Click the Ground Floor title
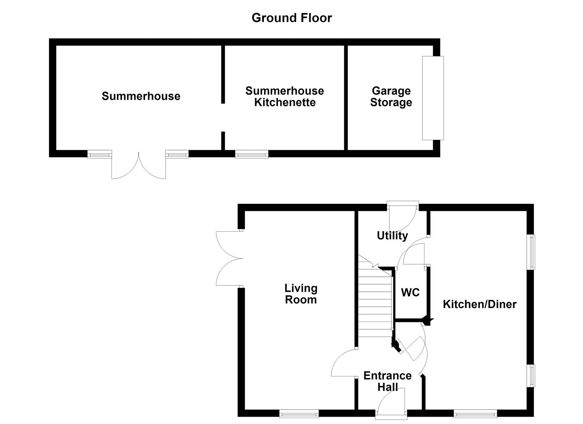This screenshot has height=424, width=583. click(291, 18)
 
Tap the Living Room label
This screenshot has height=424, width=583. click(301, 294)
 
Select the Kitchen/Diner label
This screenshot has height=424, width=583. click(479, 304)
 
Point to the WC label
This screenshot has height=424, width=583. click(410, 292)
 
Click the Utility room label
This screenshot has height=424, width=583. click(392, 236)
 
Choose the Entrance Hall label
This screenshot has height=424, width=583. click(387, 381)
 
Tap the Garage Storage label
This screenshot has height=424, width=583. click(391, 97)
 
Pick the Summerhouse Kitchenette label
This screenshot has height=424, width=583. click(285, 97)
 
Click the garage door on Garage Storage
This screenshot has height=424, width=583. click(433, 98)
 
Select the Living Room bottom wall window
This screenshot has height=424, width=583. click(299, 414)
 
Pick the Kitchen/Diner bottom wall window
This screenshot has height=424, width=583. click(475, 414)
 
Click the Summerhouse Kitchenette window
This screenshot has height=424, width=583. click(252, 154)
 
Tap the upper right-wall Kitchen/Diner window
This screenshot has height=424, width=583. click(531, 252)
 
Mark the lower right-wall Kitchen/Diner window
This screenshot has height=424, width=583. click(531, 376)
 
